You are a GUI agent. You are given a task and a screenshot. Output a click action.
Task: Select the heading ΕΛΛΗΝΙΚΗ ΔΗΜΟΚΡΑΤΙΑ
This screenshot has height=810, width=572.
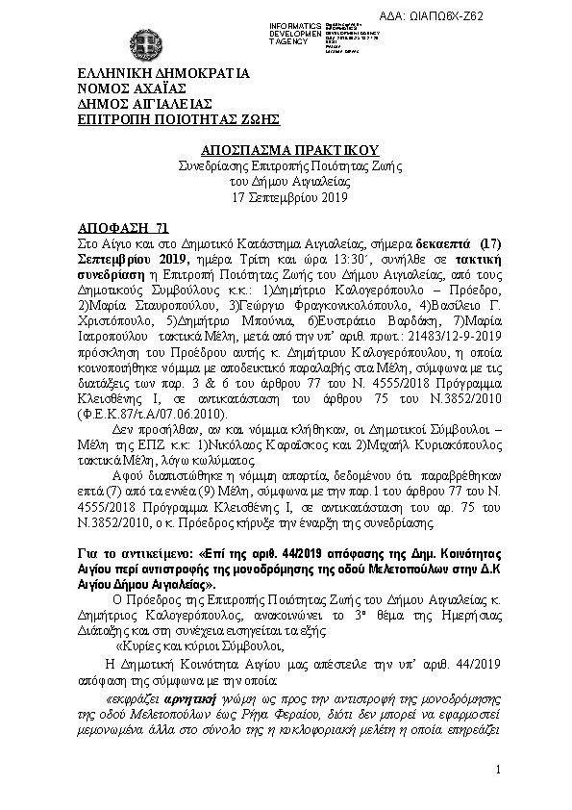[x=163, y=72]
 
